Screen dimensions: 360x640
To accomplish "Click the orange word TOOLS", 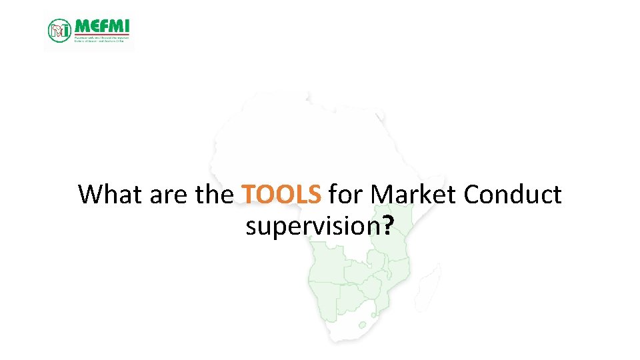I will point(282,195).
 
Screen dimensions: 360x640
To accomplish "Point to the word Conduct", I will point(513,195).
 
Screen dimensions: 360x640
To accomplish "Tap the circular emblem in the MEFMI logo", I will point(59,30).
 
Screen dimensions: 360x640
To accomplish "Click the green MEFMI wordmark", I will point(102,25).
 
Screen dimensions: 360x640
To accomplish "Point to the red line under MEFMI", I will point(102,35).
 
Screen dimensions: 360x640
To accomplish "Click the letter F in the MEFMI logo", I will point(101,25).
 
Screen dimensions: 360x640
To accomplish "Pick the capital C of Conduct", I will point(472,195).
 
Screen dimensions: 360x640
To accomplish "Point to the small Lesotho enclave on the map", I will point(363,326).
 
